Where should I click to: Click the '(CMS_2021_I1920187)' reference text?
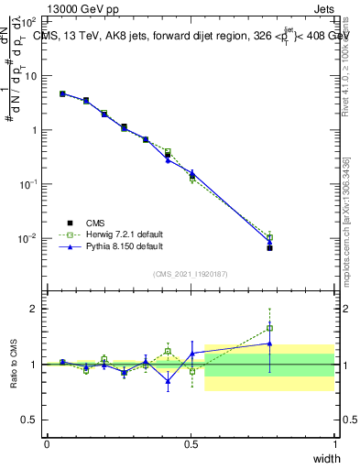click(x=191, y=273)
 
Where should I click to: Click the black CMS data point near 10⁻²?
click(x=269, y=247)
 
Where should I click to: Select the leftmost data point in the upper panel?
click(x=62, y=93)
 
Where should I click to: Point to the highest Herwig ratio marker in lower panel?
click(x=269, y=328)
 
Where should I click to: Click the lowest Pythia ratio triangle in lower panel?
click(x=168, y=381)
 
